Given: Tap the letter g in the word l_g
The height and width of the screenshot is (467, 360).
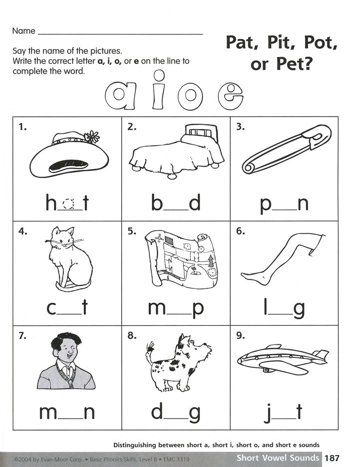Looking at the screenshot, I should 299,309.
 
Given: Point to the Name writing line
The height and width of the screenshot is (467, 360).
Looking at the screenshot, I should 120,33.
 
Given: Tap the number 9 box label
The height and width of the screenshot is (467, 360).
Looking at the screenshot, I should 241,335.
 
